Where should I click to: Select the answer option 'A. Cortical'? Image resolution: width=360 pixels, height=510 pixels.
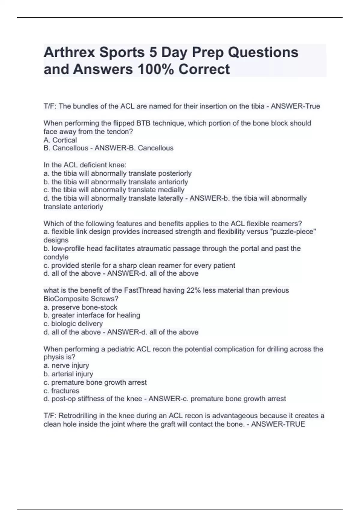pos(60,140)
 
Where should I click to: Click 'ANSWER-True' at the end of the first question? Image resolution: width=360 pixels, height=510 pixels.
pos(295,106)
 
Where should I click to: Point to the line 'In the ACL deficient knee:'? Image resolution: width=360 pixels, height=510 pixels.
pos(85,165)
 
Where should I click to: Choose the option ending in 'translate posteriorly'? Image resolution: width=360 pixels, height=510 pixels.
pos(117,173)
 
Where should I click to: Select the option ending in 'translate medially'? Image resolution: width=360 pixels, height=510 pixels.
pos(114,190)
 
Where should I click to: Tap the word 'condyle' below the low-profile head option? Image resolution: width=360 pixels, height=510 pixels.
pos(56,257)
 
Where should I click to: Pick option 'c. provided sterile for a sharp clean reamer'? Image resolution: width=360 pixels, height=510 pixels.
pos(139,265)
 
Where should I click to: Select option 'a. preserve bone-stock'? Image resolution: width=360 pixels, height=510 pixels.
pos(80,307)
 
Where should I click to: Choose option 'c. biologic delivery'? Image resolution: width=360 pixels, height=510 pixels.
pos(73,324)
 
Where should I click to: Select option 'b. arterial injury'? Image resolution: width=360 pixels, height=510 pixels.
pos(68,374)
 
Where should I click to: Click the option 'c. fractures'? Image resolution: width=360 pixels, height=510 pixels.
pos(61,391)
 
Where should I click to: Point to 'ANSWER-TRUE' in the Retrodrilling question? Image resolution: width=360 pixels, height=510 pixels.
pos(278,424)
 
